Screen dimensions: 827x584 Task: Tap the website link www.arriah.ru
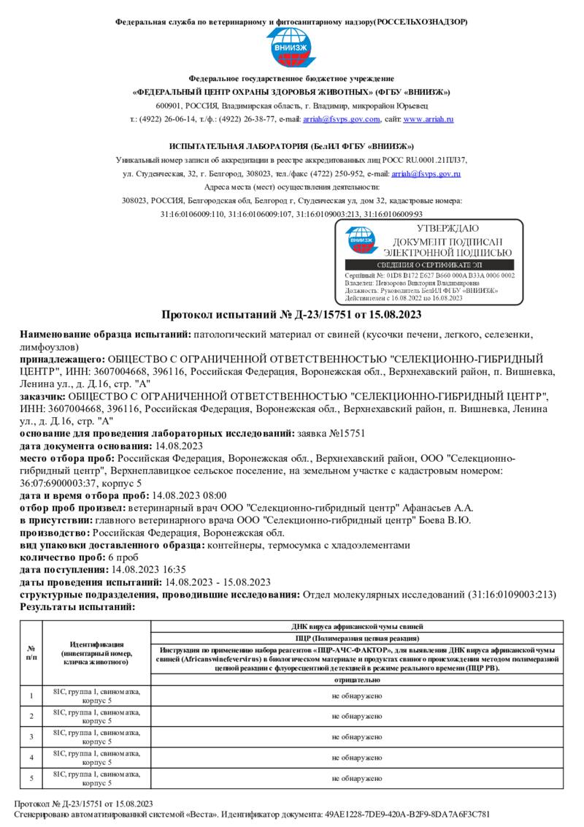tap(429, 119)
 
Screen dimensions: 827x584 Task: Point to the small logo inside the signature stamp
tap(361, 239)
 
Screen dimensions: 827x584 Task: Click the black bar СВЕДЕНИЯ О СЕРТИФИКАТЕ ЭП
tap(429, 264)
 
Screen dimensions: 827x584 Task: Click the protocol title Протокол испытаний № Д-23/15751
tap(291, 316)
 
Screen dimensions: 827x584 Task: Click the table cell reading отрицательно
tap(356, 680)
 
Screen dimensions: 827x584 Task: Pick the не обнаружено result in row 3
tap(356, 737)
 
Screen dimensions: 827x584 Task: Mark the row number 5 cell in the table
tap(31, 779)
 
